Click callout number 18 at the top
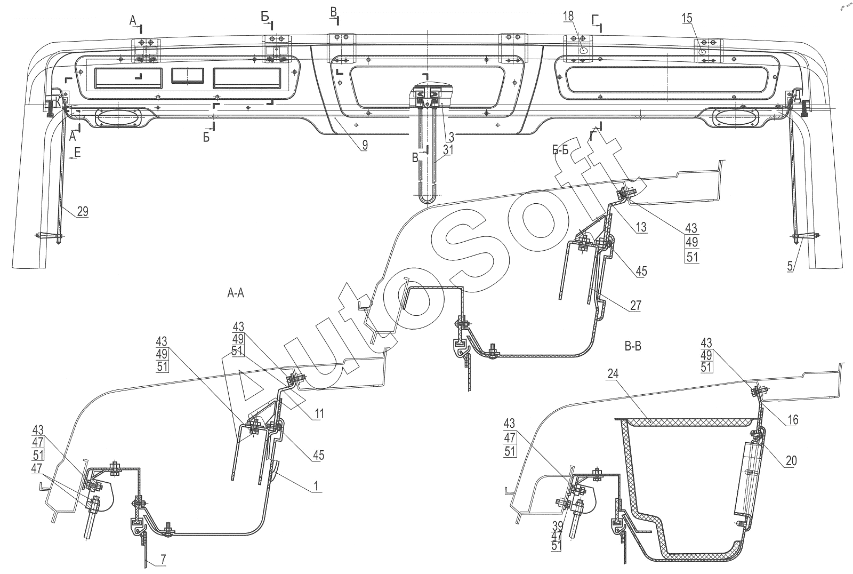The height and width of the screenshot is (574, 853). (568, 17)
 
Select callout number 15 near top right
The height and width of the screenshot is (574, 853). (698, 18)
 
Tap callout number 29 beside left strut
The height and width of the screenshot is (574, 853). (83, 211)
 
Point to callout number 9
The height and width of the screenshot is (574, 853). (365, 145)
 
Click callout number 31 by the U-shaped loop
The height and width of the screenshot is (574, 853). (448, 150)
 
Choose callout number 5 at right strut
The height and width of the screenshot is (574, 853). (790, 266)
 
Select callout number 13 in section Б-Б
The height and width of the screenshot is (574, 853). (641, 227)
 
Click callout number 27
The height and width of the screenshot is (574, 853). (635, 305)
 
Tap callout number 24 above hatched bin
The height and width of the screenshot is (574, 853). (613, 374)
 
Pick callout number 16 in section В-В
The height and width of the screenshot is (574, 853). (793, 420)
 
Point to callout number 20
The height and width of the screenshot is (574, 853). (791, 461)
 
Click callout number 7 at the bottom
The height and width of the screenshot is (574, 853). (163, 560)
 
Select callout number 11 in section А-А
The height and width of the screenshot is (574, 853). (319, 413)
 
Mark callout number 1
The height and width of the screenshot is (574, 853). (315, 486)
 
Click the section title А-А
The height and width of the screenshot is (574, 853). (236, 293)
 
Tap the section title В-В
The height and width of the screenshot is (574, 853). (633, 346)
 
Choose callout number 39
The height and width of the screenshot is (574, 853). (558, 527)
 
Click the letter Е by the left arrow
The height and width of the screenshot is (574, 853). (78, 153)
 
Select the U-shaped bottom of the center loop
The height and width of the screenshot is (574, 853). (427, 198)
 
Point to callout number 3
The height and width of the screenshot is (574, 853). (451, 137)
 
